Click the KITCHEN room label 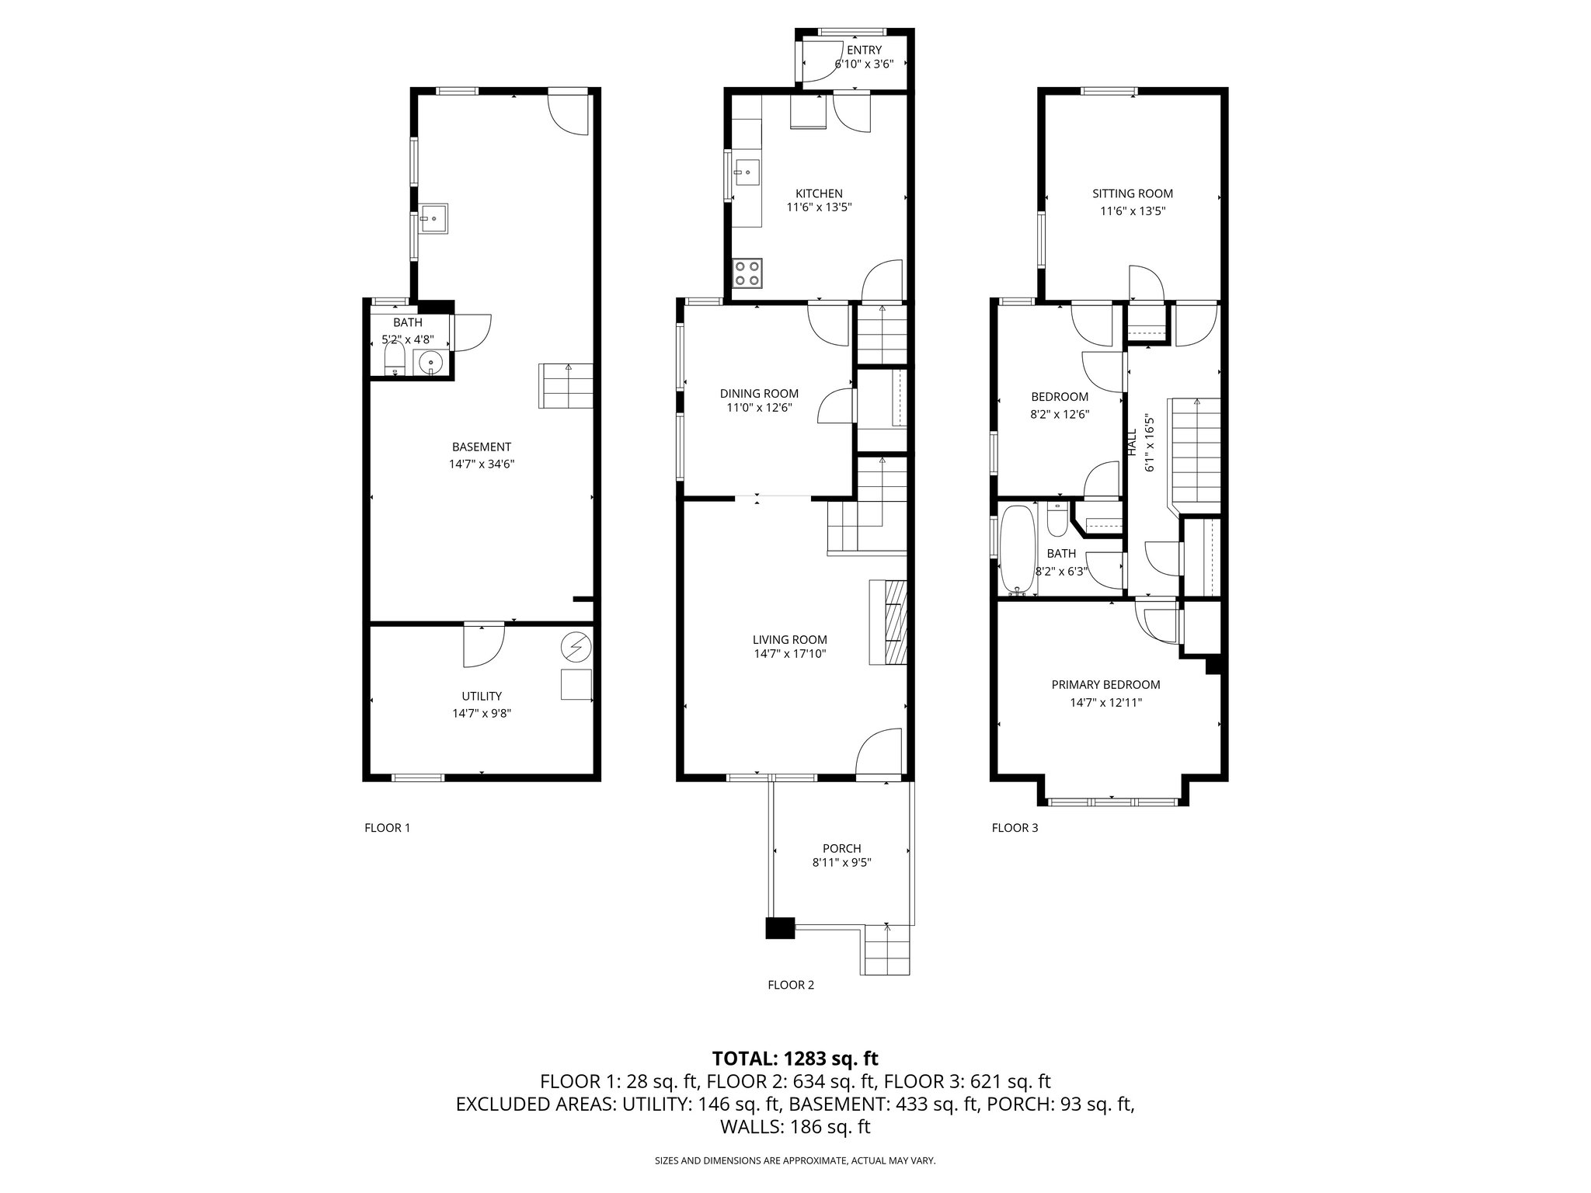[819, 193]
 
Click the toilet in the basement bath [395, 360]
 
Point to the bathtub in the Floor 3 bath [1016, 550]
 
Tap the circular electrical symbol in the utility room [576, 645]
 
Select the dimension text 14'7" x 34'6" [482, 464]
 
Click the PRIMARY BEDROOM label [1105, 685]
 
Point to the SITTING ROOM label [1133, 193]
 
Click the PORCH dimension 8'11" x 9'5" [842, 862]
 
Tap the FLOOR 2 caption [791, 985]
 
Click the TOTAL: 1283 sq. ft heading [795, 1058]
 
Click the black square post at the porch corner [780, 929]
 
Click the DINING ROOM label [759, 394]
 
